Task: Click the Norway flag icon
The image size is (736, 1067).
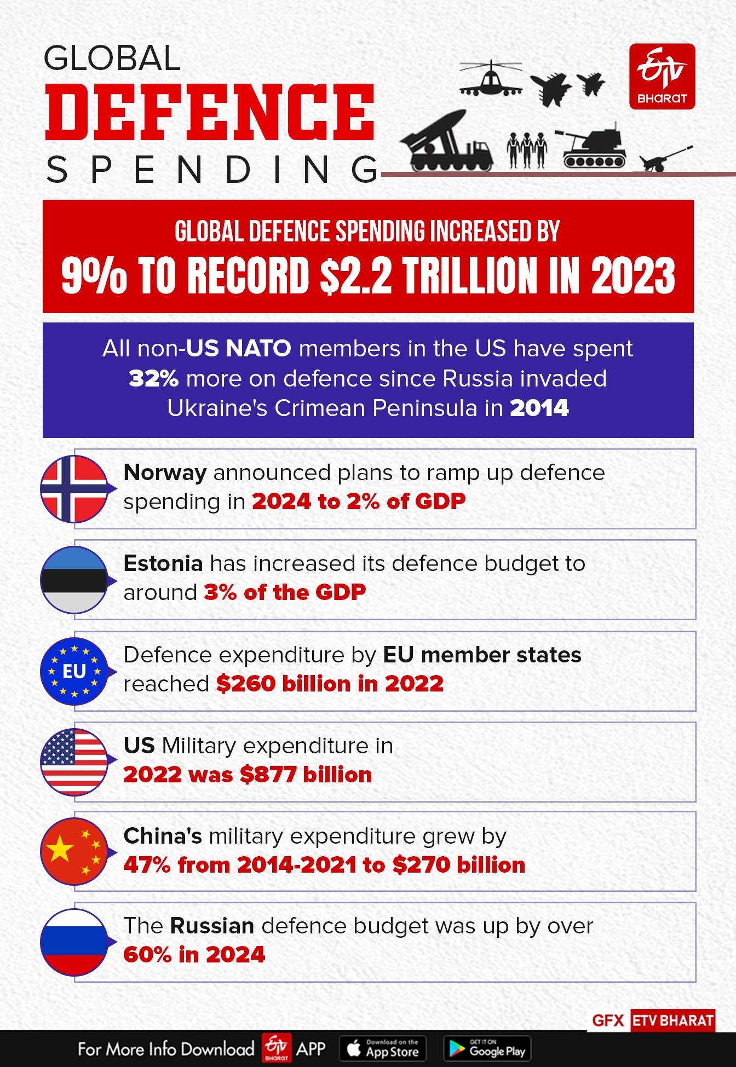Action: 74,489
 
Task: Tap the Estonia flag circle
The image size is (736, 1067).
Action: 74,580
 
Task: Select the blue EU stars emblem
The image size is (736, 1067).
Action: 74,671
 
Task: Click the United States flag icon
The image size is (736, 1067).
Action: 74,762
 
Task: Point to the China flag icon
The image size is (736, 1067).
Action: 74,852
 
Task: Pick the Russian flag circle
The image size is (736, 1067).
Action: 74,942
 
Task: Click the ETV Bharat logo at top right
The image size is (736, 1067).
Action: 662,77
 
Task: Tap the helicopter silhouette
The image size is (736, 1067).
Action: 490,79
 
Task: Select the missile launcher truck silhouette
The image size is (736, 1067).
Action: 446,143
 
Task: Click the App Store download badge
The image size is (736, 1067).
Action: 383,1048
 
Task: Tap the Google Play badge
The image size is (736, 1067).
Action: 487,1048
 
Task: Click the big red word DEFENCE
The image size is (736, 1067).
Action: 210,113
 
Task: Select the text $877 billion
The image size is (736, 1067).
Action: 306,775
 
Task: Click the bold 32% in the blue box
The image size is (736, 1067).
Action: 153,379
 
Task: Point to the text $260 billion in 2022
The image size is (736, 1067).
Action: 330,684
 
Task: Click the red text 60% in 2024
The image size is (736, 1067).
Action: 194,955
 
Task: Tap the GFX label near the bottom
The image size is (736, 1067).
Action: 608,1020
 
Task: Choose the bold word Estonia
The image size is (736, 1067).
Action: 163,563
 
